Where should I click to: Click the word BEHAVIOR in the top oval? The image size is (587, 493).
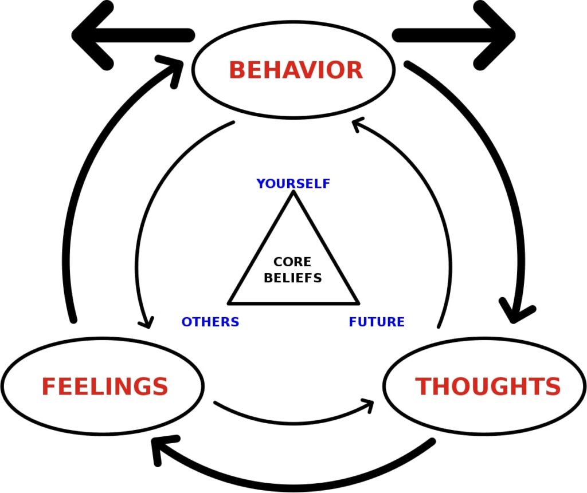[295, 70]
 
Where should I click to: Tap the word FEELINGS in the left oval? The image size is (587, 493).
[104, 386]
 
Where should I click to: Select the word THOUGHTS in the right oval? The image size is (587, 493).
[488, 387]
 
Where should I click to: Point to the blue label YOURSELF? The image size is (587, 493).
[293, 184]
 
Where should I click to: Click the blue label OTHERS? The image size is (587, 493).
[210, 322]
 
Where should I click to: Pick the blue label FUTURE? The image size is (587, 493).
[377, 322]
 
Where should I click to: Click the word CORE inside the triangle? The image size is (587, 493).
[292, 262]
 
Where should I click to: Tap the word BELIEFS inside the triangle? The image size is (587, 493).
[292, 278]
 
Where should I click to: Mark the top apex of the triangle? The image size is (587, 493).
[293, 192]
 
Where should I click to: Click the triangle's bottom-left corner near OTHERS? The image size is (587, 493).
[229, 302]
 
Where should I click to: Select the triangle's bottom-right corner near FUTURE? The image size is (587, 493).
[358, 302]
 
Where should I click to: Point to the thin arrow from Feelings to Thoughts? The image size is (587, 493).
[292, 423]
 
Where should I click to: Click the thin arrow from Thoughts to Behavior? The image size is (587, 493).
[439, 218]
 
